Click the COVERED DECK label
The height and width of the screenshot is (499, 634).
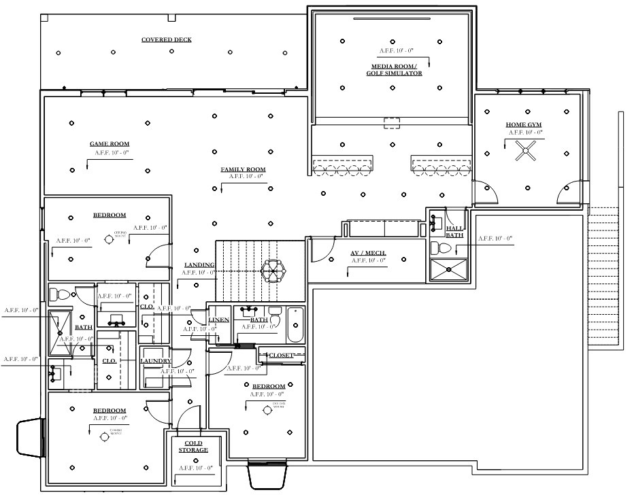pyautogui.click(x=166, y=40)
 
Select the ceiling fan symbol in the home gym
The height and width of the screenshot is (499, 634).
pyautogui.click(x=525, y=154)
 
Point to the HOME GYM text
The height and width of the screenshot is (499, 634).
pyautogui.click(x=524, y=124)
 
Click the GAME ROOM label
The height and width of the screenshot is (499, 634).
pyautogui.click(x=110, y=143)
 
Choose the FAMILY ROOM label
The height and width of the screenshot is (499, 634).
pyautogui.click(x=242, y=169)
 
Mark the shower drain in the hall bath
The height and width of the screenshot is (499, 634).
pyautogui.click(x=449, y=269)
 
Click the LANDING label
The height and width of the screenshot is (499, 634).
pyautogui.click(x=199, y=265)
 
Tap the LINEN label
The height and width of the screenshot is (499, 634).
pyautogui.click(x=218, y=320)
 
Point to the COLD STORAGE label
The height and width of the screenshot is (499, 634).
pyautogui.click(x=193, y=446)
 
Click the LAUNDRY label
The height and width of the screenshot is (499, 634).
pyautogui.click(x=156, y=361)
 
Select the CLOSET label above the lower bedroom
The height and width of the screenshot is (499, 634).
pyautogui.click(x=281, y=355)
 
